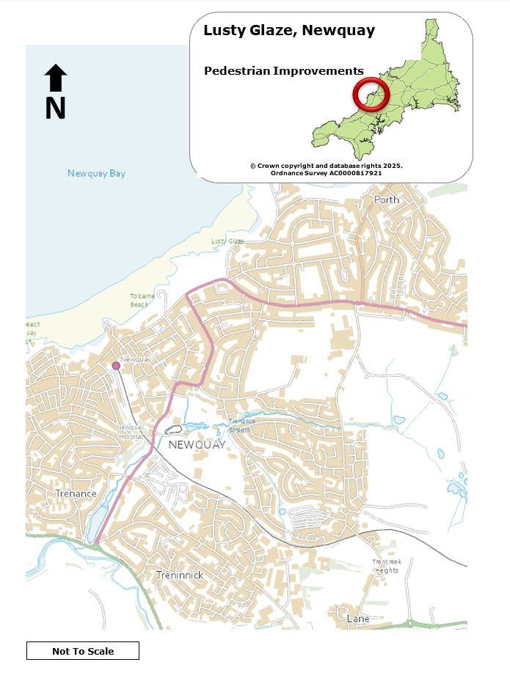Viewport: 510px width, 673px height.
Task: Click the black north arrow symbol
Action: pyautogui.click(x=56, y=78)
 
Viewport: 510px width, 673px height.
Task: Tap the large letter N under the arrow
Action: pyautogui.click(x=56, y=109)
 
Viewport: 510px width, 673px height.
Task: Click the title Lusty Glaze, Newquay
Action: pyautogui.click(x=289, y=31)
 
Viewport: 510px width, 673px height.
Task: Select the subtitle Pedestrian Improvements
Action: pyautogui.click(x=283, y=71)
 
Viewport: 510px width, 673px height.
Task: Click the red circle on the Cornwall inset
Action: pyautogui.click(x=369, y=94)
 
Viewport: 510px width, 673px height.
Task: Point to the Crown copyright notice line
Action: pyautogui.click(x=327, y=166)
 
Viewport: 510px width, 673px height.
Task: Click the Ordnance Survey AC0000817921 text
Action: pyautogui.click(x=327, y=173)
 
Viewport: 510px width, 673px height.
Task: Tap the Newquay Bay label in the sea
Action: pyautogui.click(x=96, y=174)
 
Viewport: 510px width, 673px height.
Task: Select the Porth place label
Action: pyautogui.click(x=387, y=199)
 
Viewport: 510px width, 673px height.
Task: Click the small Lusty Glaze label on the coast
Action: pyautogui.click(x=227, y=241)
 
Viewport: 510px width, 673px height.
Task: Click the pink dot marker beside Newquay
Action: pyautogui.click(x=116, y=366)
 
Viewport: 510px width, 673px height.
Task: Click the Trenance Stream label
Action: pyautogui.click(x=241, y=426)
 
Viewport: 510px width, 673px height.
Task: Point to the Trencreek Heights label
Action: pyautogui.click(x=386, y=566)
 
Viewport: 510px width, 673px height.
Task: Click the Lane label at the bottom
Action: pyautogui.click(x=358, y=619)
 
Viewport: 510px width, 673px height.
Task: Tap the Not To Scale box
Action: pyautogui.click(x=83, y=651)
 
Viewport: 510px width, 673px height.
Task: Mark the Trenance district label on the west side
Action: pyautogui.click(x=76, y=493)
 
